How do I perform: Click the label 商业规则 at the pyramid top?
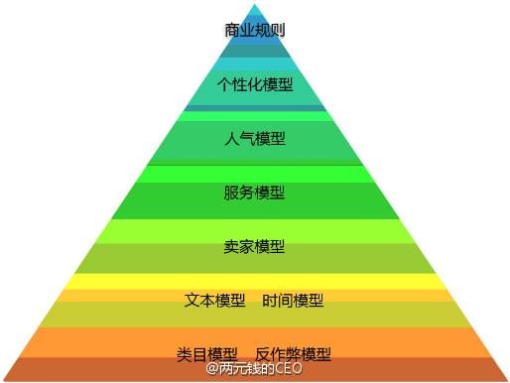pos(255,31)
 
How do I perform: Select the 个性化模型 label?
pos(255,84)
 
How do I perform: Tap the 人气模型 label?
pos(255,138)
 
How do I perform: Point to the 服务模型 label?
pos(255,191)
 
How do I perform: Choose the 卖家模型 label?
pos(255,245)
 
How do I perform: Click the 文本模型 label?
pos(215,300)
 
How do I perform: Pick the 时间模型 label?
pos(294,300)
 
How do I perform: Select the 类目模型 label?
pos(207,354)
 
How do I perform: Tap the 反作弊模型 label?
pos(293,354)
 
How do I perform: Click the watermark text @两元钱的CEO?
pos(254,370)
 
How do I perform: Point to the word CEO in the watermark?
pos(288,370)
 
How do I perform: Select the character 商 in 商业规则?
pos(233,31)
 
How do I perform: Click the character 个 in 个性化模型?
pos(224,84)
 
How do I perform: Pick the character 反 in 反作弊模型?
pos(263,354)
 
